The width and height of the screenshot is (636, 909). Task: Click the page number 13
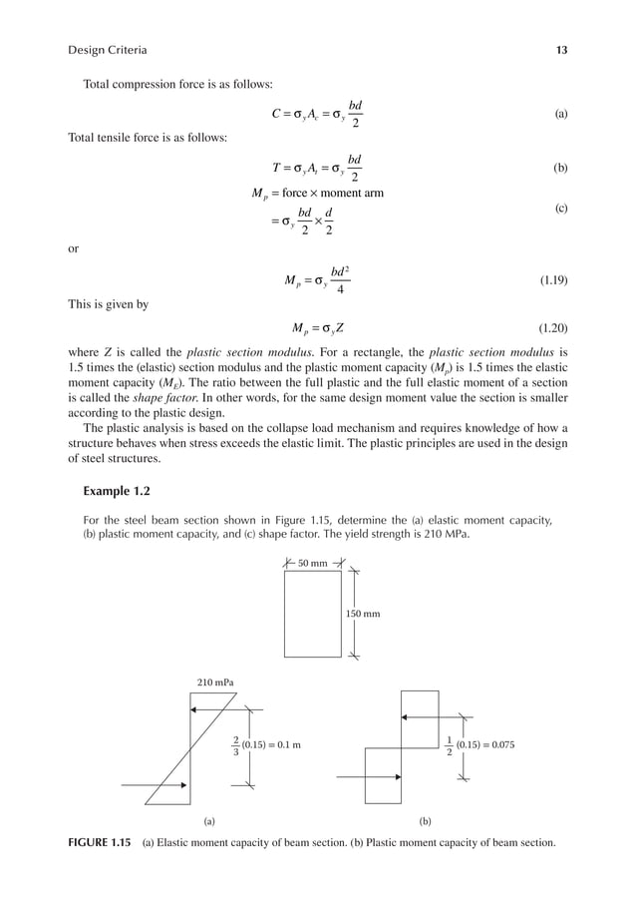pos(563,50)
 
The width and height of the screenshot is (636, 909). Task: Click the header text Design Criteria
pos(108,50)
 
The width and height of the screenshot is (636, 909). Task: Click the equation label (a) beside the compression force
pos(561,115)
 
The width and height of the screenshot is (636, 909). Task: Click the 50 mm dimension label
pos(313,564)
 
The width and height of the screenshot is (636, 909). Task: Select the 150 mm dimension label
pos(364,614)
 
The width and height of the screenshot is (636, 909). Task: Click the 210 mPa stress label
pos(211,682)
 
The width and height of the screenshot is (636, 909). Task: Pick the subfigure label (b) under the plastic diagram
pos(425,822)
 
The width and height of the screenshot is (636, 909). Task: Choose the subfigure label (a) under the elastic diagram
pos(209,822)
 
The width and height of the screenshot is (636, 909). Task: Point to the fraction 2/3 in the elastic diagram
pos(235,744)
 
